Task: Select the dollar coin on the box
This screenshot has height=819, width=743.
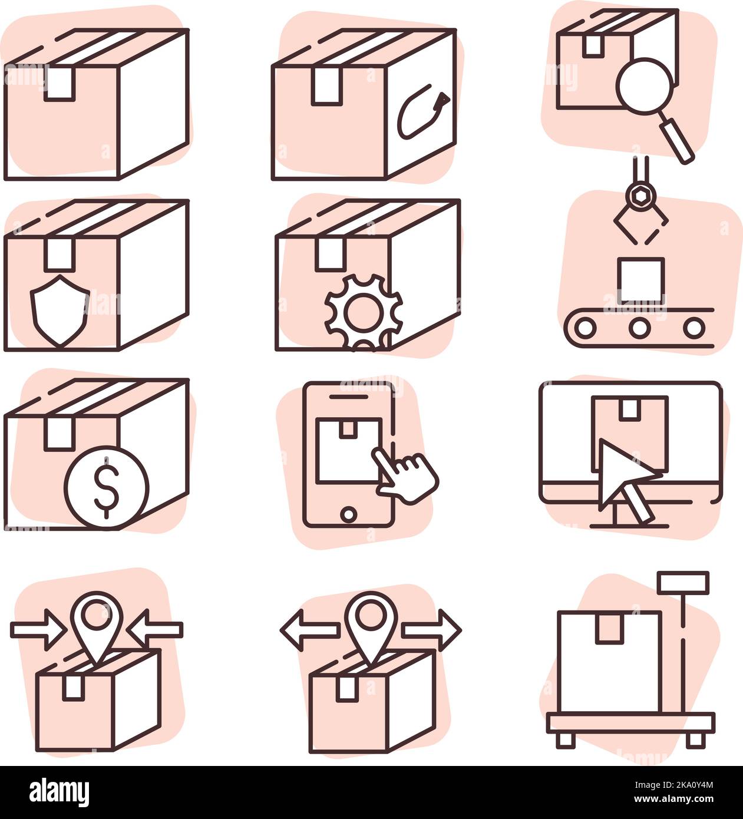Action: point(107,487)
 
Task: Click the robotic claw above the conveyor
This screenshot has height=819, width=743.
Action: point(640,212)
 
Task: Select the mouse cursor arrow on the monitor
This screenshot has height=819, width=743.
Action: point(625,480)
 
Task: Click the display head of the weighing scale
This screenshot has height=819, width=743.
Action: point(683,582)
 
